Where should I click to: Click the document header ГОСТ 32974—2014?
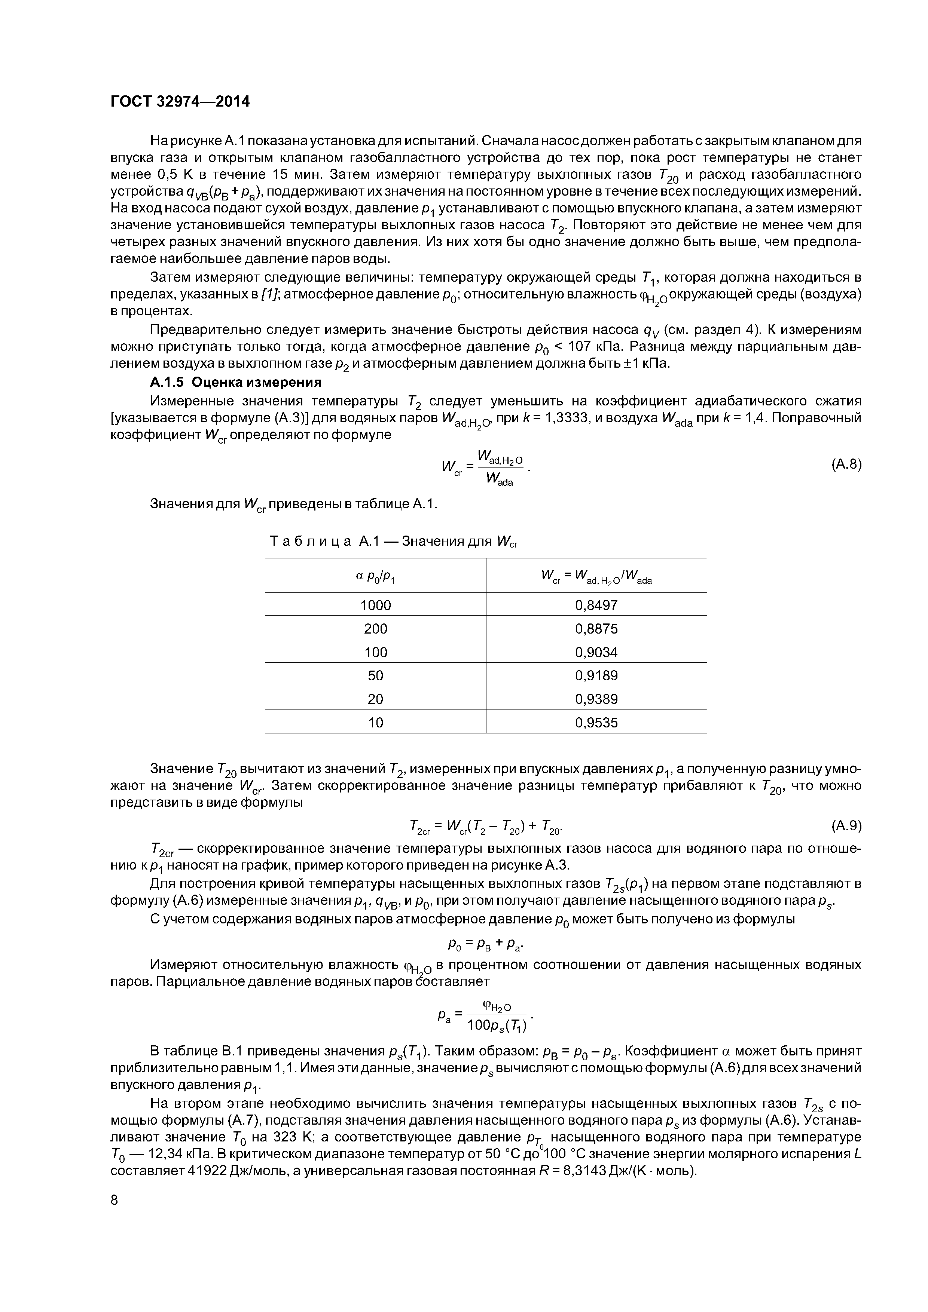pos(180,102)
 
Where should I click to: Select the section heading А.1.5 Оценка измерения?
pos(236,382)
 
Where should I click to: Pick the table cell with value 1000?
pos(375,604)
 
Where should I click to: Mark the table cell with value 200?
pos(375,629)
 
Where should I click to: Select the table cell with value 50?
pos(375,675)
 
